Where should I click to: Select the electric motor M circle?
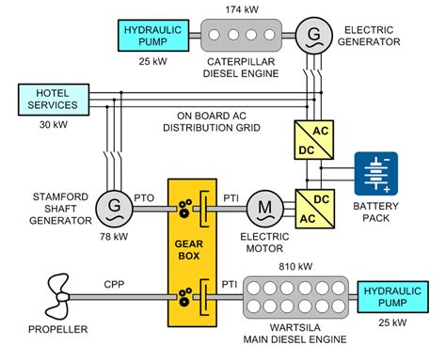265,205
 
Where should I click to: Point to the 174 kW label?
237,9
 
